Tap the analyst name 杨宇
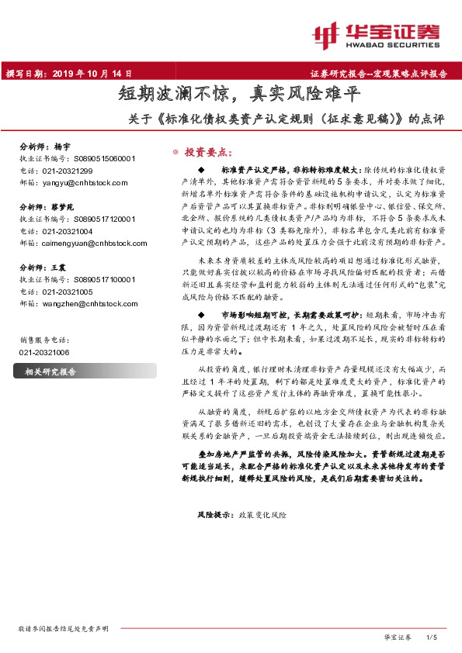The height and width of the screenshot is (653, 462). point(62,147)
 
